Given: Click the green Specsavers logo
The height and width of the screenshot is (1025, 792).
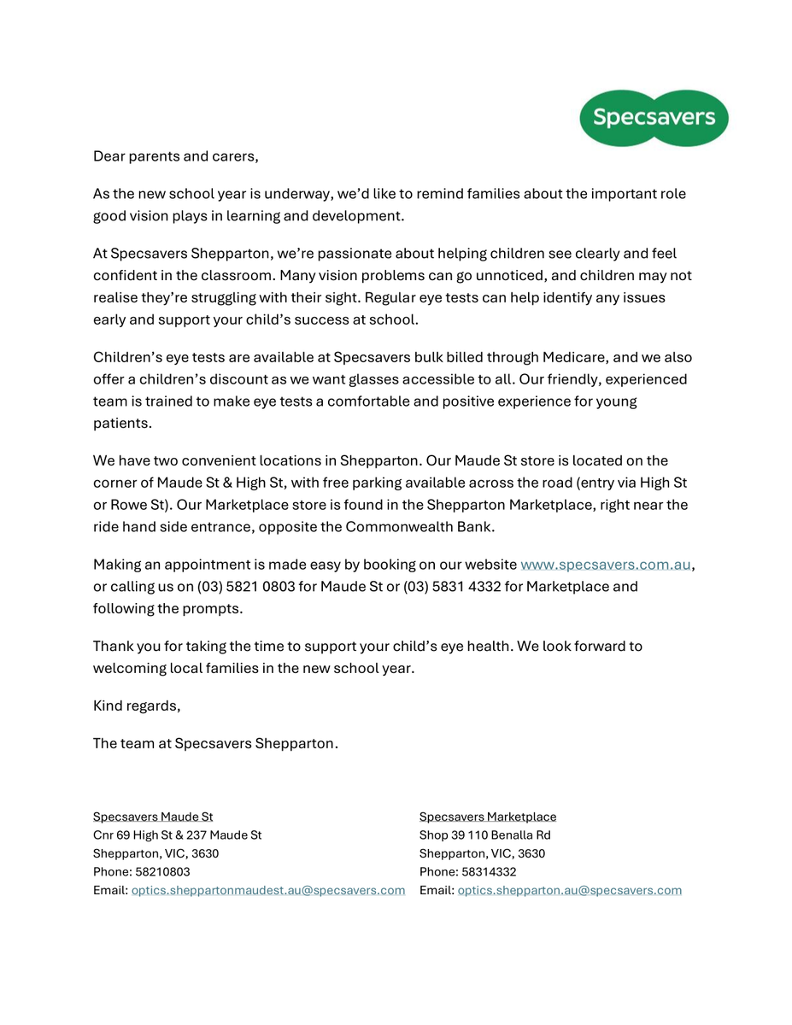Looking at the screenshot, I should point(654,118).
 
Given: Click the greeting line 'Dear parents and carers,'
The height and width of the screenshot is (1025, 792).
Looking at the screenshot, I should point(175,156).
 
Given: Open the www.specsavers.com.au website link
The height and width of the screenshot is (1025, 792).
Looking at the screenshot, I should point(605,565).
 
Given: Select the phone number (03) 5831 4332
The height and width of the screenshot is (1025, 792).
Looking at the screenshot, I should point(453,587).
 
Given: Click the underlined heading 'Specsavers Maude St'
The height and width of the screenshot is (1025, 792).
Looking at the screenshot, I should point(153,817).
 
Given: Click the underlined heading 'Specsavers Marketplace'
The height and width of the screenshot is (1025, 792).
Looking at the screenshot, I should point(487,817).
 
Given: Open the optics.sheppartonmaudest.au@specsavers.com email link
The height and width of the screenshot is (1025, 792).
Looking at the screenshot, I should point(267,890).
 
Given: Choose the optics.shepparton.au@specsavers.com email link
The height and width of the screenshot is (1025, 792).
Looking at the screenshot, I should point(569,890).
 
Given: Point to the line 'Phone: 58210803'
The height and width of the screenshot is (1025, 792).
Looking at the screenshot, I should point(142,872).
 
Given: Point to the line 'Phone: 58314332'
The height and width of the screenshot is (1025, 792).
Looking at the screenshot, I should point(467,872).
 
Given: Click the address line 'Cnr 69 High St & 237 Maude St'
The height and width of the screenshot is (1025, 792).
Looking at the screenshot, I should point(178,835).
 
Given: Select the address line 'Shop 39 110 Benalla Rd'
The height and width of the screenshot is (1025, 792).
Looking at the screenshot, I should point(484,835).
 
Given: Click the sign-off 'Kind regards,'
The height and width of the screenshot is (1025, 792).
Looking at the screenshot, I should point(137,706).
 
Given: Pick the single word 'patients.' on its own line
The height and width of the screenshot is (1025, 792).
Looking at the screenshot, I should point(122,423).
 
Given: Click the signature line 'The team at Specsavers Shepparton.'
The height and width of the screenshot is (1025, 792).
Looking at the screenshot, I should point(215,743).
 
